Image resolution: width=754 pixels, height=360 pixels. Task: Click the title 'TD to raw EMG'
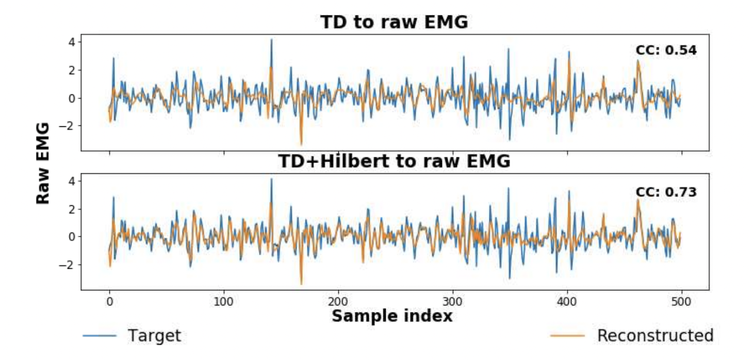pos(394,22)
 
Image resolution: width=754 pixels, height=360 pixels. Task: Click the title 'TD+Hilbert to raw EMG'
pos(394,161)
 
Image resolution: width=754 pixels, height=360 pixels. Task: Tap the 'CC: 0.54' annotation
pos(666,50)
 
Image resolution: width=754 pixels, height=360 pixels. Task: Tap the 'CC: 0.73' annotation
pos(666,192)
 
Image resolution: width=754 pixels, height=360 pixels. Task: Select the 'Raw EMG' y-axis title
pos(43,163)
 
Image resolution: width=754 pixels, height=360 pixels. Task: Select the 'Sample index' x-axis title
pos(392,316)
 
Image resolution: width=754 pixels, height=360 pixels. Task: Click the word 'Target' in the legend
pos(155,335)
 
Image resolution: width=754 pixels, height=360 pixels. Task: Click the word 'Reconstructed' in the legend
pos(655,335)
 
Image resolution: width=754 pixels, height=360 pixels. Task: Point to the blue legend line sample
pos(100,336)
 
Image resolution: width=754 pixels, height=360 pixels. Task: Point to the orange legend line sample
pos(567,336)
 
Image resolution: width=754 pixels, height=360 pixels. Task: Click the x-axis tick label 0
pos(109,302)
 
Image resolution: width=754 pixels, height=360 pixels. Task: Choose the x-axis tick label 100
pos(223,302)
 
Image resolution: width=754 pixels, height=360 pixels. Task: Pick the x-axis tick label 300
pos(452,302)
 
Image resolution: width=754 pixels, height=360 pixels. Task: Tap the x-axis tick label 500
pos(681,302)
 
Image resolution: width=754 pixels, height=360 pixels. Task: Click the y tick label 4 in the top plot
pos(72,42)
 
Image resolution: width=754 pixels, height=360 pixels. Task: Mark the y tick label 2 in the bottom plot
pos(72,209)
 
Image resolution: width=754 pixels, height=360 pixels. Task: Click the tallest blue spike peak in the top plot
pos(272,39)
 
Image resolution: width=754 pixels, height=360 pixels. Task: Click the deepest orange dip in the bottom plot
pos(301,284)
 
